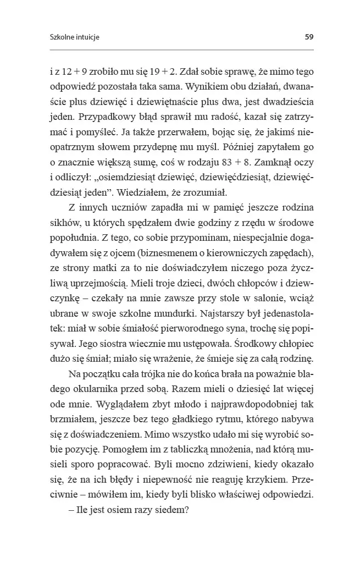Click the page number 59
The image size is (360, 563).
tap(309, 37)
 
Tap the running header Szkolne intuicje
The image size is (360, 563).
tap(74, 38)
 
